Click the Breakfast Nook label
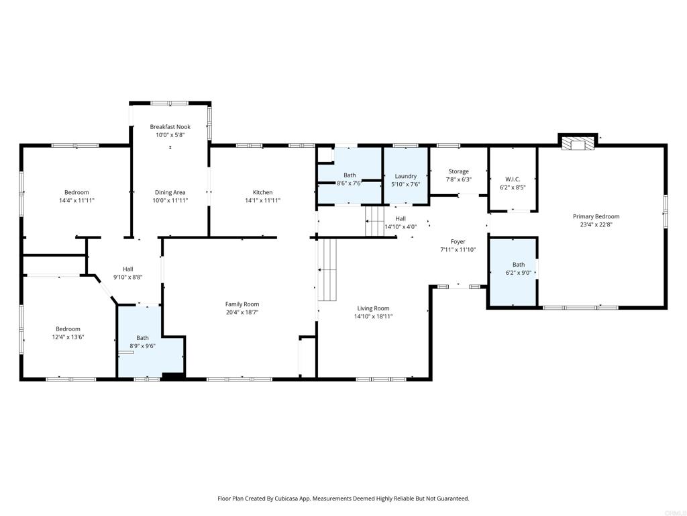[170, 127]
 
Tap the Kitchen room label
[262, 192]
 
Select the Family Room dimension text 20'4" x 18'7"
[242, 312]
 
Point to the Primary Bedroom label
[596, 216]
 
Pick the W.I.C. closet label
[513, 179]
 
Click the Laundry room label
[405, 176]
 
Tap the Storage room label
[458, 171]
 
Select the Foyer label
[458, 242]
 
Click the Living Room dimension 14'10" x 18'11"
[373, 316]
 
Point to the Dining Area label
[170, 192]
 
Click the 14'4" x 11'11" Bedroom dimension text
[76, 200]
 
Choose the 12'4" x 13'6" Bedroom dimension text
[68, 337]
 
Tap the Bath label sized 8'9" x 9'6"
[142, 338]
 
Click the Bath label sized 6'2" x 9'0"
[519, 265]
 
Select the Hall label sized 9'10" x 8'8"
[128, 269]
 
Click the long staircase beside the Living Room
[327, 270]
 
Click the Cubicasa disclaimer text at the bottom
[343, 499]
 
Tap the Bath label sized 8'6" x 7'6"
[350, 175]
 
